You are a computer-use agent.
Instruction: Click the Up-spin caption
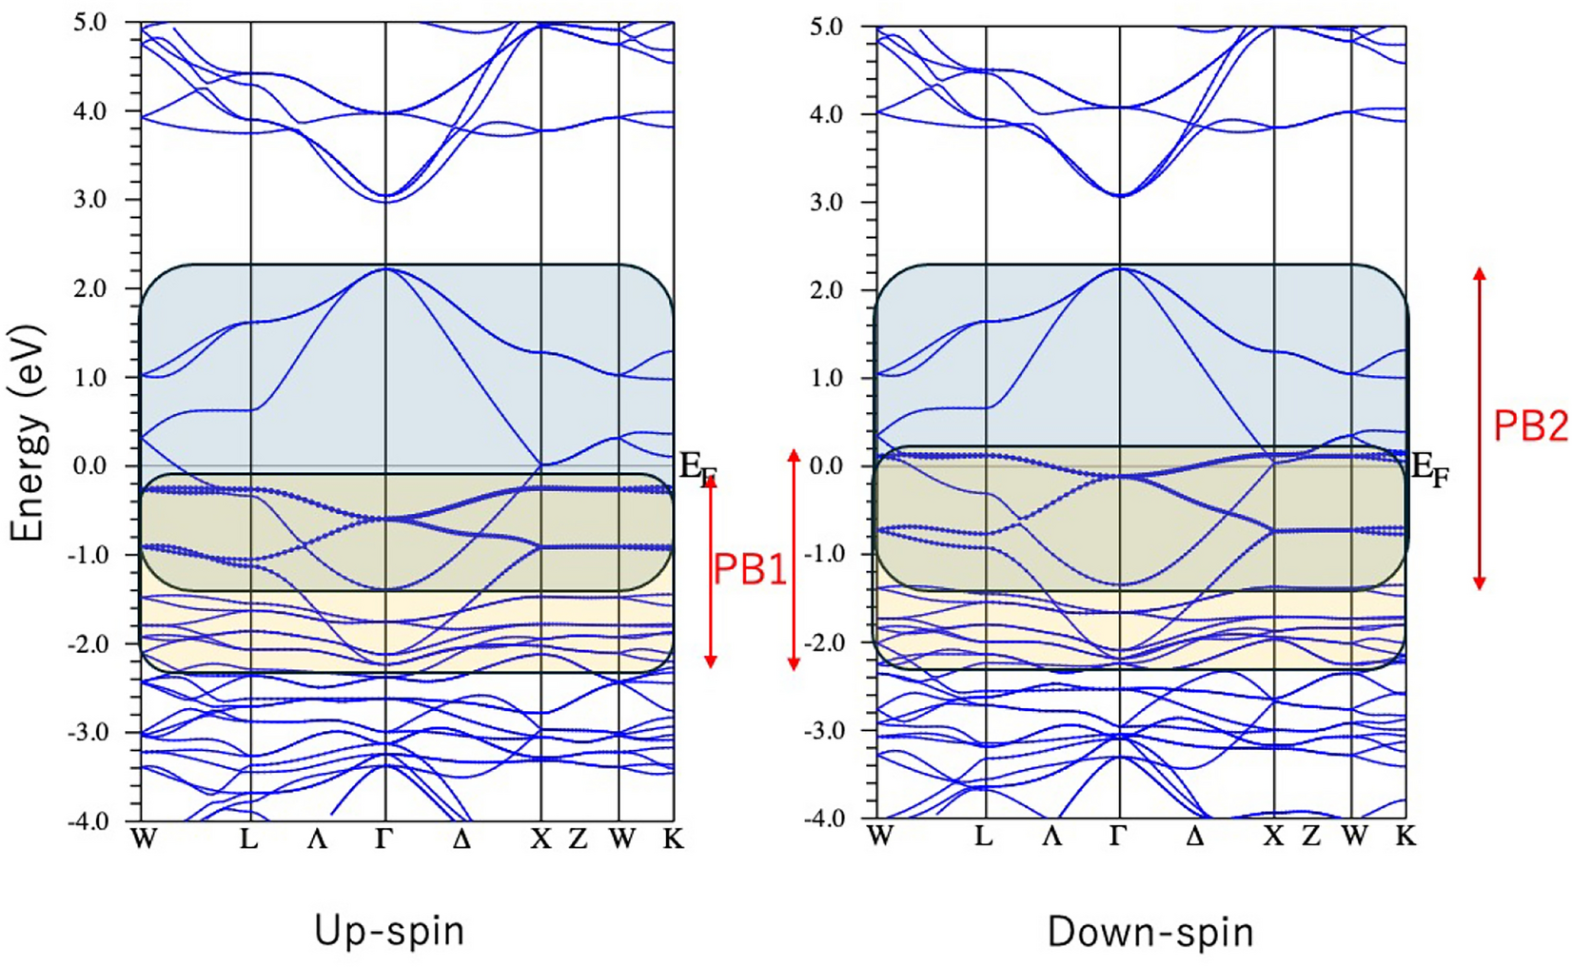click(x=389, y=930)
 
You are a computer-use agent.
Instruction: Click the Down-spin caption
click(x=1150, y=932)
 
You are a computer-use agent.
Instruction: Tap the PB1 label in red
click(x=750, y=569)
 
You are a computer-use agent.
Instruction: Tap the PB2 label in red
click(x=1529, y=425)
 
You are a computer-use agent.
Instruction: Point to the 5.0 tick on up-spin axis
click(x=90, y=22)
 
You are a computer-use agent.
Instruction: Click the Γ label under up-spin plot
click(x=384, y=839)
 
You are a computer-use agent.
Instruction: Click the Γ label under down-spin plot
click(x=1119, y=837)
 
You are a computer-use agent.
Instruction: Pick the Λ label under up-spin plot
click(x=317, y=839)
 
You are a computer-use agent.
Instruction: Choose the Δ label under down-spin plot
click(x=1195, y=837)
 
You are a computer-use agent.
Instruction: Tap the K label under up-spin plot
click(x=673, y=839)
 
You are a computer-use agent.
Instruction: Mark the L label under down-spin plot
click(x=984, y=837)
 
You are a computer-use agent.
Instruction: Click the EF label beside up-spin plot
click(x=697, y=469)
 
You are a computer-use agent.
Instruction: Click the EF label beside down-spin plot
click(x=1428, y=468)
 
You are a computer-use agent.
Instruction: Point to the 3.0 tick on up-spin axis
click(x=90, y=200)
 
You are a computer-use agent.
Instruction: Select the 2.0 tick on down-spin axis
click(x=825, y=290)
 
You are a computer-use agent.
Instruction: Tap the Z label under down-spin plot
click(x=1311, y=837)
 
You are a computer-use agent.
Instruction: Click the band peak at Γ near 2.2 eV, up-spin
click(x=385, y=268)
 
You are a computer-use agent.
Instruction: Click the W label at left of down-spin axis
click(x=880, y=837)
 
